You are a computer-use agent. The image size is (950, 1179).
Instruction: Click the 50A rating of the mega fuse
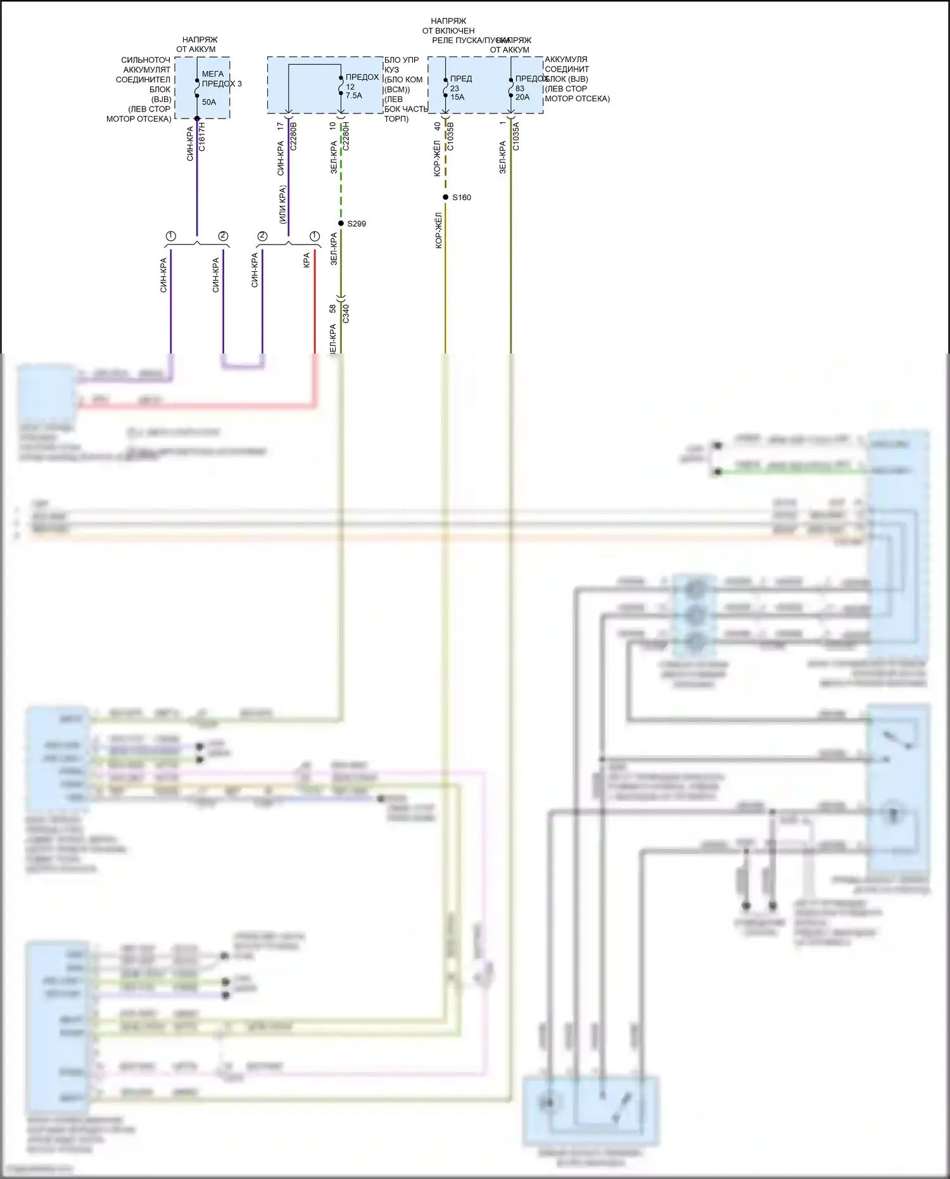pyautogui.click(x=209, y=102)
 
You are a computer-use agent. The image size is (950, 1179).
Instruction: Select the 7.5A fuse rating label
pyautogui.click(x=354, y=96)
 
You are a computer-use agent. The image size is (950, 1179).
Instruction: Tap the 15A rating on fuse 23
pyautogui.click(x=457, y=97)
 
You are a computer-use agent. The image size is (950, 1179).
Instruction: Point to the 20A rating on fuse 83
pyautogui.click(x=522, y=97)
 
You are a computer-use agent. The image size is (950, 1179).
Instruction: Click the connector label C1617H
pyautogui.click(x=202, y=137)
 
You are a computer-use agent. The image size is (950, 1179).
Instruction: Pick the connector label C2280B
pyautogui.click(x=293, y=136)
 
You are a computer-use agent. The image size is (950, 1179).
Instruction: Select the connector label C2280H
pyautogui.click(x=346, y=136)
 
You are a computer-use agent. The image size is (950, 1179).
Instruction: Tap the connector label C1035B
pyautogui.click(x=450, y=136)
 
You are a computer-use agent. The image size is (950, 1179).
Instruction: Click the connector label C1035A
pyautogui.click(x=516, y=136)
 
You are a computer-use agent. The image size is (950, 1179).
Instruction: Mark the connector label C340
pyautogui.click(x=346, y=313)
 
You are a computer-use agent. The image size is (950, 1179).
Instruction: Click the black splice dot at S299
pyautogui.click(x=341, y=224)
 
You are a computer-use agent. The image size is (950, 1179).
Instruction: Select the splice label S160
pyautogui.click(x=462, y=198)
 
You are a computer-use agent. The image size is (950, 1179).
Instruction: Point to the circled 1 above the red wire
pyautogui.click(x=314, y=236)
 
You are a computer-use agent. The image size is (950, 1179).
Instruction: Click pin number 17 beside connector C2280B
pyautogui.click(x=281, y=127)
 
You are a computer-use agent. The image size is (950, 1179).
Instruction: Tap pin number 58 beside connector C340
pyautogui.click(x=333, y=309)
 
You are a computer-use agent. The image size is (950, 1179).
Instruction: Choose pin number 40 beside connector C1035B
pyautogui.click(x=438, y=127)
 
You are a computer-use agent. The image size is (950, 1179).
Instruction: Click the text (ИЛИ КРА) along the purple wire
pyautogui.click(x=282, y=204)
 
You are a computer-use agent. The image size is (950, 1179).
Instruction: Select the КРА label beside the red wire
pyautogui.click(x=307, y=260)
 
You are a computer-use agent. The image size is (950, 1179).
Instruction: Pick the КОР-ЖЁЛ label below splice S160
pyautogui.click(x=438, y=230)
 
